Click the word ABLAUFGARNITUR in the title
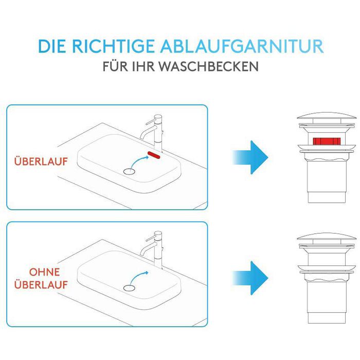(242, 46)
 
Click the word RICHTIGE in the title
(114, 46)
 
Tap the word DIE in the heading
(52, 46)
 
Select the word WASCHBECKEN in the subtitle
(209, 66)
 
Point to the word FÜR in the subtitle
(115, 66)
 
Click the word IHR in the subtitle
(143, 66)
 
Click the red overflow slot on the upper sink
(154, 155)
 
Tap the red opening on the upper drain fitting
(327, 141)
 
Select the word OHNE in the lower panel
(45, 272)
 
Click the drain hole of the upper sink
(129, 171)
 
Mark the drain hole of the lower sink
(129, 288)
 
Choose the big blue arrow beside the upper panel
(250, 157)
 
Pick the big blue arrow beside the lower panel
(250, 278)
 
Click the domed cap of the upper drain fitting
(327, 116)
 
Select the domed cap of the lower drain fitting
(327, 236)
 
